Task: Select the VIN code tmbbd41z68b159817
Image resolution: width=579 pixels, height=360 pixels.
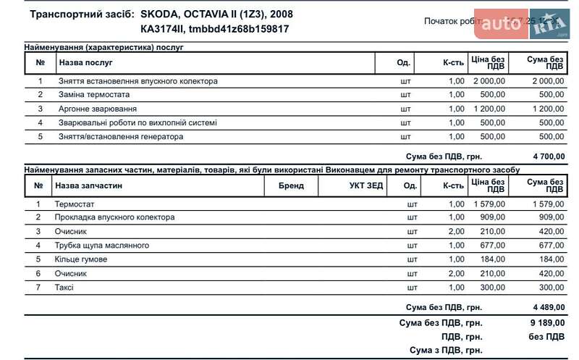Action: click(x=239, y=29)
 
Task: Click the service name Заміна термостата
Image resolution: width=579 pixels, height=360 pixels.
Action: click(x=94, y=95)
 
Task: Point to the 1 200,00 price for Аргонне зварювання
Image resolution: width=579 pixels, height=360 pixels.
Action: click(x=489, y=109)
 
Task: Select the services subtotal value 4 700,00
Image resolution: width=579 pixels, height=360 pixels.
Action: click(x=548, y=156)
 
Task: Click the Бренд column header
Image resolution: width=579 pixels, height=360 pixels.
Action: click(x=291, y=186)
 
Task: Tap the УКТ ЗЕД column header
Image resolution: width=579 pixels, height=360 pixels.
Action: click(x=361, y=186)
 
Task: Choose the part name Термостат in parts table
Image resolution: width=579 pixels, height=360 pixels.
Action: click(x=75, y=204)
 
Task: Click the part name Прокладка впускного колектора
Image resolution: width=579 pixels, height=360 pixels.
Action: click(x=114, y=217)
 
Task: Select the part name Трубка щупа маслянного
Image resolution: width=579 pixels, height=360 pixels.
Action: click(x=101, y=246)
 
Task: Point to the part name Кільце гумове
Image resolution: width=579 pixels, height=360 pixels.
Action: click(x=81, y=259)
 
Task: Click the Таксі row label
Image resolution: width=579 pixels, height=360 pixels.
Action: click(x=64, y=288)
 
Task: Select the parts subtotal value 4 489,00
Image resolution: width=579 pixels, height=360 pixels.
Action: click(x=548, y=307)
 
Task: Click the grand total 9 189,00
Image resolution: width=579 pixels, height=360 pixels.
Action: click(x=548, y=323)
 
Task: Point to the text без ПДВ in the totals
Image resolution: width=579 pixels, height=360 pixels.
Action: click(x=546, y=337)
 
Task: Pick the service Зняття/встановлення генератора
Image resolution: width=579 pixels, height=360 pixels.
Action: click(x=121, y=137)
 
